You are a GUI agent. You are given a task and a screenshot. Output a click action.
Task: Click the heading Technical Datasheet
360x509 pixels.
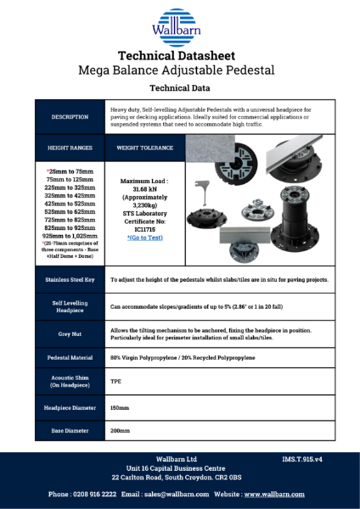point(179,54)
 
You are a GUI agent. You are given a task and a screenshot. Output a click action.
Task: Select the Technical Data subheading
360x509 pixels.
point(179,87)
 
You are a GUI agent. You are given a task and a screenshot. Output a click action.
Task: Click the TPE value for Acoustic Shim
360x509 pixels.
point(116,381)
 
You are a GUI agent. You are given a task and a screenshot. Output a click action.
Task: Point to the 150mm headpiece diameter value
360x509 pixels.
point(120,407)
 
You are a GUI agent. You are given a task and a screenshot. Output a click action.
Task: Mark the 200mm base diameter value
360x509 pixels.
point(120,433)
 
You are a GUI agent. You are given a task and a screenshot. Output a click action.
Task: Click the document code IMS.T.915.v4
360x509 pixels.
point(307,459)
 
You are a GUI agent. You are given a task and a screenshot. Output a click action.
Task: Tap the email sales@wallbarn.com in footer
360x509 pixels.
point(165,493)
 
